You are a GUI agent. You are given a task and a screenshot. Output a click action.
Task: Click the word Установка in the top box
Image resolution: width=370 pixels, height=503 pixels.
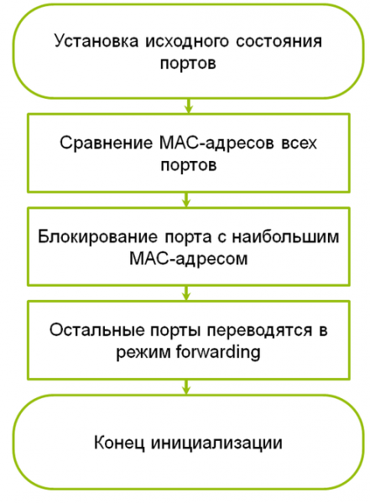pos(96,41)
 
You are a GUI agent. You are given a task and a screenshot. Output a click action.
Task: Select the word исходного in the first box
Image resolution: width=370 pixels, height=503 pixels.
pos(187,42)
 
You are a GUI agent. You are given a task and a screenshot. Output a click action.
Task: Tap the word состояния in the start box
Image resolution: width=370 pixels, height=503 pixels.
pos(279,42)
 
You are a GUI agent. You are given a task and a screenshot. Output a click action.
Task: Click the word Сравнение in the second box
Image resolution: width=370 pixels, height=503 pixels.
pos(106,143)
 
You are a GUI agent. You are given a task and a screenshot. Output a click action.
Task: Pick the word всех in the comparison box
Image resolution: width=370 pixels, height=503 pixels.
pos(299,143)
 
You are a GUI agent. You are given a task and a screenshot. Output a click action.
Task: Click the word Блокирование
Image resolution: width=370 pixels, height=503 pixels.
pos(97,236)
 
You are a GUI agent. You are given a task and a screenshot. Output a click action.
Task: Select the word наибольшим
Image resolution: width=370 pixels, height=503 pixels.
pos(285,236)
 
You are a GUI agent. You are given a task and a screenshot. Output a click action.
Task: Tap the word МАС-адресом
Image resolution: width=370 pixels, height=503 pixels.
pos(189,258)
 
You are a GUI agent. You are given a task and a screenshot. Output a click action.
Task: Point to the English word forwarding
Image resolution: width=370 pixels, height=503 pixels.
pos(218,352)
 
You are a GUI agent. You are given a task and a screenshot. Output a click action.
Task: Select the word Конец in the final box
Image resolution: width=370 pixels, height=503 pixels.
pos(119,443)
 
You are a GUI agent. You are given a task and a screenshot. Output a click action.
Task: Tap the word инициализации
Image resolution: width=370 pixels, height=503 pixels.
pos(216,443)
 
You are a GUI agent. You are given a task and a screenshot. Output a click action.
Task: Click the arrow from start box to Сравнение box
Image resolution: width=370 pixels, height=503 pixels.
pos(189,106)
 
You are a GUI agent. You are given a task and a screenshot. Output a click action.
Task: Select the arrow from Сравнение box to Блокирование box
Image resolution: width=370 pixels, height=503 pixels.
pos(186,200)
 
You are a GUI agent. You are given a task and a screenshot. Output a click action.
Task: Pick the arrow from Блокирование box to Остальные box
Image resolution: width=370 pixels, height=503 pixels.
pos(186,293)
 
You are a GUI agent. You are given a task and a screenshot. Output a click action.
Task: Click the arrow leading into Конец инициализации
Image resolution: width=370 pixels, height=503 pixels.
pos(186,387)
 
